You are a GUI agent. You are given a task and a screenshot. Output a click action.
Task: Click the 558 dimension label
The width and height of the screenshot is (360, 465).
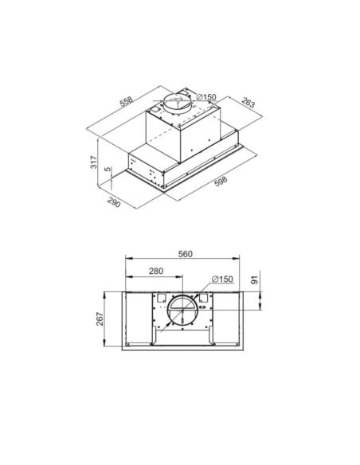pos(127,101)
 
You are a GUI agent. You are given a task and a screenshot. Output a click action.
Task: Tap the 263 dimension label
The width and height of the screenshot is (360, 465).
pos(248,102)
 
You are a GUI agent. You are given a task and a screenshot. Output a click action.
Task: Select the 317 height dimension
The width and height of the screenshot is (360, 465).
pos(94,162)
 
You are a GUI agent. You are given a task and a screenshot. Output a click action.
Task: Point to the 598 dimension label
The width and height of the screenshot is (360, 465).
pos(221,182)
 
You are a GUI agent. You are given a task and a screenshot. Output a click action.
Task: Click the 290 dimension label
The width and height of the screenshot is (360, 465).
pos(114,202)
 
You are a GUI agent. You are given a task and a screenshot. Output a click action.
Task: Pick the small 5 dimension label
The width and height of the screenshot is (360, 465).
pos(108,169)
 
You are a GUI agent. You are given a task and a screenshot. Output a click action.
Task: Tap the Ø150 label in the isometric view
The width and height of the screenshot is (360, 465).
pos(206,97)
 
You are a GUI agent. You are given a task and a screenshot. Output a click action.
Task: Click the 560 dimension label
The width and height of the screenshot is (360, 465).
pos(186,254)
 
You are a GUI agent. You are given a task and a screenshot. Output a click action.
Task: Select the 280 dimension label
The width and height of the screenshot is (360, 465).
pos(156,271)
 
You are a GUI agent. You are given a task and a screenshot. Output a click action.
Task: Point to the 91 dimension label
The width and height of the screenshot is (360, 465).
pos(255,279)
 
